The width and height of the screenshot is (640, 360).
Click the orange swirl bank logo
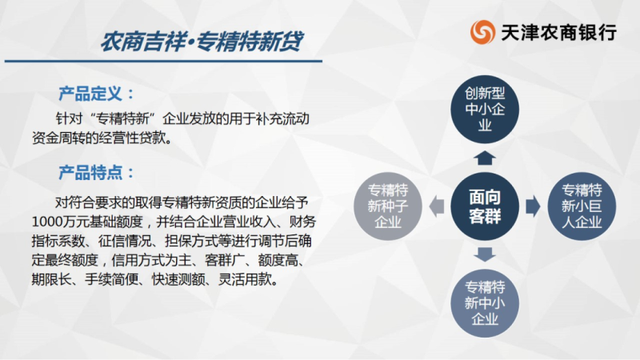point(482,32)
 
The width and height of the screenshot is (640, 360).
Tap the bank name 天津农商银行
point(558,33)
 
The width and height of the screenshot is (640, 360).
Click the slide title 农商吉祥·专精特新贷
point(202,42)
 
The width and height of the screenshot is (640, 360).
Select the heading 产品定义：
point(96,94)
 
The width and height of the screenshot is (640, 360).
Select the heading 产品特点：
point(96,173)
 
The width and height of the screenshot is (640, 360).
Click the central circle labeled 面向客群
point(485,206)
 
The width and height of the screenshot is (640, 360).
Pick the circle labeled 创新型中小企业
point(485,110)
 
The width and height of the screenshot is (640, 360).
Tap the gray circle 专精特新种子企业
point(388,206)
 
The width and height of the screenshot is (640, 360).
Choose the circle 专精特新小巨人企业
point(582,206)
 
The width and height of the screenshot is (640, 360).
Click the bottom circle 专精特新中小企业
point(485,303)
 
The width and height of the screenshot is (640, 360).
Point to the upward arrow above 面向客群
point(485,158)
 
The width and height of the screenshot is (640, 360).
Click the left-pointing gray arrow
point(437,206)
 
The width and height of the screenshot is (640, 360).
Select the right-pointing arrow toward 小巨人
point(533,206)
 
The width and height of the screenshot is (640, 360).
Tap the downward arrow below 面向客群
point(485,254)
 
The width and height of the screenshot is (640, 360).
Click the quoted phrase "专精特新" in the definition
point(125,118)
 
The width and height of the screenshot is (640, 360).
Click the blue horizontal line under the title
point(163,62)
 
